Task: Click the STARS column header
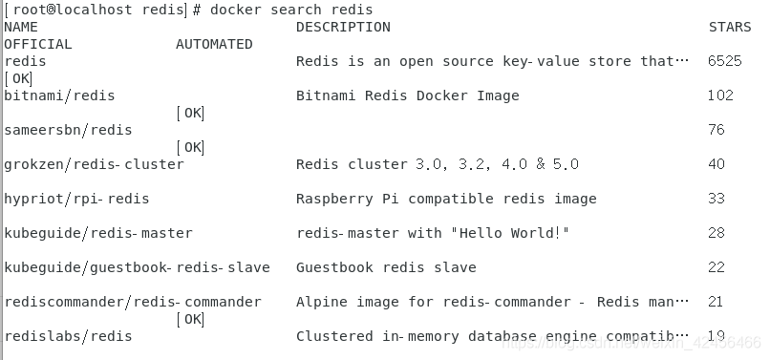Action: click(x=730, y=27)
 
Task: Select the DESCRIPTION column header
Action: click(x=343, y=27)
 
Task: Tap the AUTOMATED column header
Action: click(x=214, y=44)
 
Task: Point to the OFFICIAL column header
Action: click(x=38, y=44)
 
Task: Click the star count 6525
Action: click(x=725, y=61)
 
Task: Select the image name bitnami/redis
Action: click(x=59, y=95)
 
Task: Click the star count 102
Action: click(x=720, y=95)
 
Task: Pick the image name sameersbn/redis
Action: click(x=68, y=130)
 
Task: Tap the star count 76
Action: click(x=717, y=130)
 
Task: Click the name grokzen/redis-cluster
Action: click(x=95, y=164)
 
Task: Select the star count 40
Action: click(x=717, y=164)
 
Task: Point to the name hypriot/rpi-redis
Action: click(x=76, y=199)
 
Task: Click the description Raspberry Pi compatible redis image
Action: click(x=446, y=199)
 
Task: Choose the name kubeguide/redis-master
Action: click(x=98, y=233)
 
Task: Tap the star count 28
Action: click(x=717, y=233)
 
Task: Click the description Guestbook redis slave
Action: click(x=386, y=267)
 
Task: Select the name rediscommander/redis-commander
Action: click(x=133, y=302)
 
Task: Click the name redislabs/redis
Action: click(x=68, y=336)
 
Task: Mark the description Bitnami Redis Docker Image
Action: click(x=408, y=95)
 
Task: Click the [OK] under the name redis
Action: click(x=18, y=78)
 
